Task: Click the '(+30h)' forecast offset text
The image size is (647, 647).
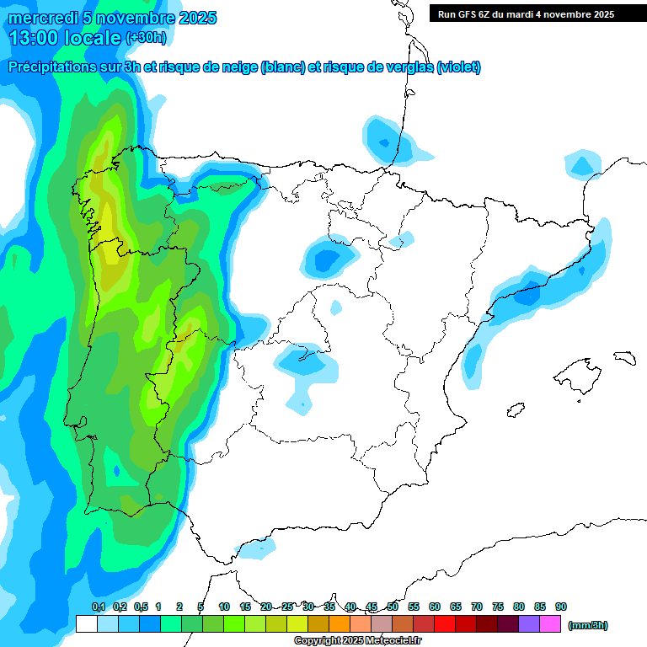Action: (x=147, y=38)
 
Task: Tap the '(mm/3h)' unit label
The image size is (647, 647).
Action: (x=588, y=625)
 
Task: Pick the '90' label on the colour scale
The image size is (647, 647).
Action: (x=561, y=607)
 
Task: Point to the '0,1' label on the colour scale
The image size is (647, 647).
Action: (x=98, y=607)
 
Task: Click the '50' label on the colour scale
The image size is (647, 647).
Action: (x=393, y=607)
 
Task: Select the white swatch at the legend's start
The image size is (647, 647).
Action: (x=86, y=623)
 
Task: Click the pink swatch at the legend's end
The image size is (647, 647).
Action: (x=550, y=623)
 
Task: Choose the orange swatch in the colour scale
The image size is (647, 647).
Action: (x=340, y=623)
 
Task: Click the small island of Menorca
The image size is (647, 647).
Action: (x=624, y=357)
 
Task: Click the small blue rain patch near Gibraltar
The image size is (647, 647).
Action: (x=257, y=548)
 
